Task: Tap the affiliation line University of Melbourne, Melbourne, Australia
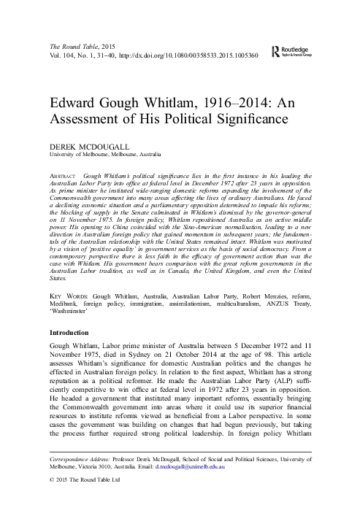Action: click(105, 154)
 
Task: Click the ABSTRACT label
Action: click(61, 177)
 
